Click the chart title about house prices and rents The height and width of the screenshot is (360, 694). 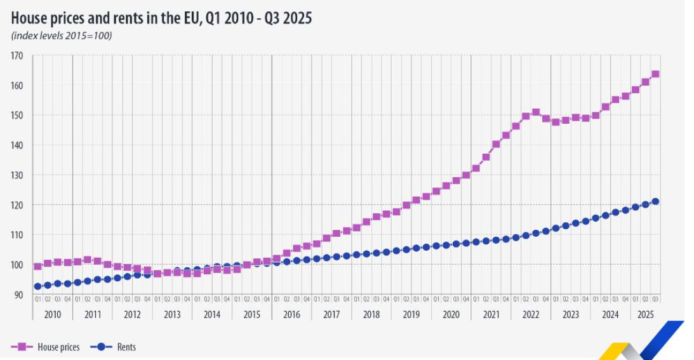161,18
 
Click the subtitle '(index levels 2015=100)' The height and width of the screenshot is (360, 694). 62,36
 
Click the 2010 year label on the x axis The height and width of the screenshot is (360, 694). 53,314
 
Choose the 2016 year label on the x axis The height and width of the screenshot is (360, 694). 291,314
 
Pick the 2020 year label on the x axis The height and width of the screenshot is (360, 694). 451,314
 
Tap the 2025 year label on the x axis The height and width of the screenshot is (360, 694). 645,314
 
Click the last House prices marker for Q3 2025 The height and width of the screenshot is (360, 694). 655,74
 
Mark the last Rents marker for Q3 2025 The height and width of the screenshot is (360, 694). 655,201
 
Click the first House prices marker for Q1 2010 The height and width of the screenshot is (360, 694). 38,267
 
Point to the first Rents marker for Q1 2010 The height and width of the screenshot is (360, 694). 38,286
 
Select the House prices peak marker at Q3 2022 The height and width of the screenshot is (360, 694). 536,112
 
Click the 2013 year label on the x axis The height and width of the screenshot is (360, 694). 172,314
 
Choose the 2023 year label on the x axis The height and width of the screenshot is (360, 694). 570,314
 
